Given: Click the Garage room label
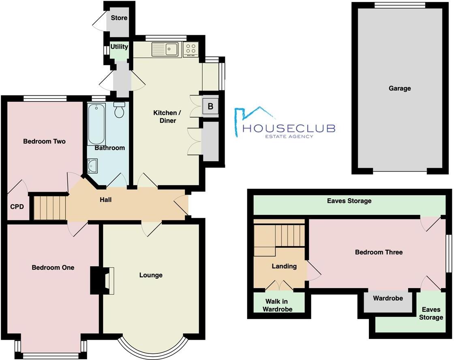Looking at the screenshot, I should coord(400,88).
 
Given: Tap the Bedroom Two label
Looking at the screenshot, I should coord(44,141).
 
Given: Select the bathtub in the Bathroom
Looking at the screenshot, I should coord(96,124).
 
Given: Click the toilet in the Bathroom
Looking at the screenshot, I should coord(120,110).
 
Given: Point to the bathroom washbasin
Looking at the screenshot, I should coord(92,165).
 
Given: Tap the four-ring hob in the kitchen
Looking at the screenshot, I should coord(190,49).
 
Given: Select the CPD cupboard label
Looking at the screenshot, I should coord(17,207).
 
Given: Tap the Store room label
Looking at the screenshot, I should coord(119,18).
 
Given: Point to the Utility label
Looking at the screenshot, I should coord(119,47).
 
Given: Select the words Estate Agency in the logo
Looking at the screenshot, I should coord(289,136).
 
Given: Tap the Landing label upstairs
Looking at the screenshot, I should coord(284,266).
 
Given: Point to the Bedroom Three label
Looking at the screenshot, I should coord(379,252).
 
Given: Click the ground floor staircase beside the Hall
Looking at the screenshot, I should coord(49,208).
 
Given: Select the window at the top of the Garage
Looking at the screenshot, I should coord(400,5).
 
